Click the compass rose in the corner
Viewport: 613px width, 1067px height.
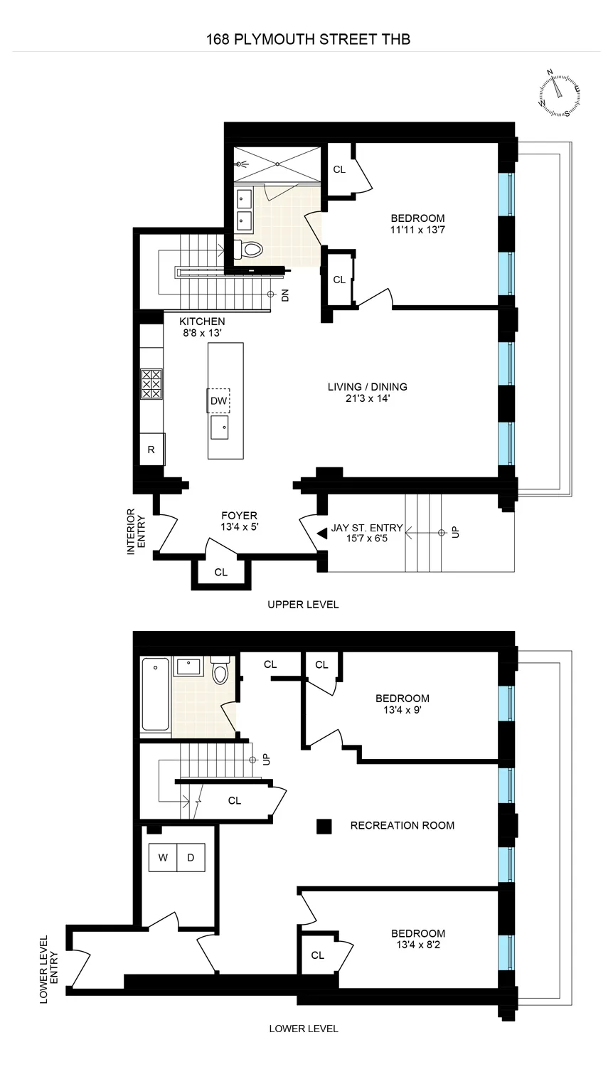559,93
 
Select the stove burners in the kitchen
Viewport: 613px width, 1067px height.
151,383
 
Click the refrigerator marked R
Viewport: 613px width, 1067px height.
151,450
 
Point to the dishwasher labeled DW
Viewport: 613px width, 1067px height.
218,401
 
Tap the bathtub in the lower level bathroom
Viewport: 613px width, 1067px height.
155,694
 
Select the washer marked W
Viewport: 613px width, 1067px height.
163,857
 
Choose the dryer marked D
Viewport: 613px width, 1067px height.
191,857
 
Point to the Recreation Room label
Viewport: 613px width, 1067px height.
403,825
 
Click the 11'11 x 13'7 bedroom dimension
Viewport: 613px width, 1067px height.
417,230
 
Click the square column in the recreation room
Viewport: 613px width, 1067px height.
324,826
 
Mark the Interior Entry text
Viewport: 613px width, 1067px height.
135,531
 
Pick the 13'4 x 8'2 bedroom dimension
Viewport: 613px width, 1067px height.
418,945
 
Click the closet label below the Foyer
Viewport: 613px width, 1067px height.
221,572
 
